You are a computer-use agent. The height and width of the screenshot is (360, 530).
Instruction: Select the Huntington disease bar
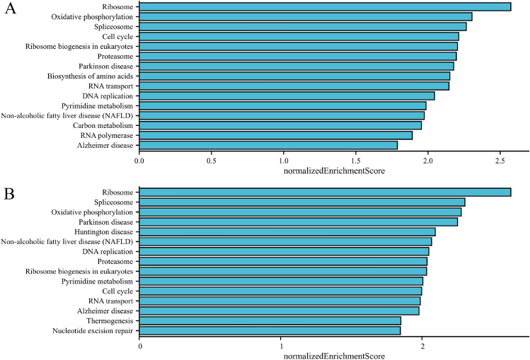click(x=287, y=231)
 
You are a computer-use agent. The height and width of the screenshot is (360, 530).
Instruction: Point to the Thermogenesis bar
click(x=270, y=320)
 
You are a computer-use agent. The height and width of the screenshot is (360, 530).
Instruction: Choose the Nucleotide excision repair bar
click(x=270, y=330)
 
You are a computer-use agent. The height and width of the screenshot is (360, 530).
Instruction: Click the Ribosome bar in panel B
click(x=326, y=192)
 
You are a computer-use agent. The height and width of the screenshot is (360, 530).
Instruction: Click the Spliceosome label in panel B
click(x=115, y=202)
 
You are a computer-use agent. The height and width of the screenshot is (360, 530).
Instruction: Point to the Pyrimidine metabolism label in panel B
click(x=98, y=281)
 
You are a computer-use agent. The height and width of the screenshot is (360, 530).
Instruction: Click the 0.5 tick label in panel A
click(x=211, y=161)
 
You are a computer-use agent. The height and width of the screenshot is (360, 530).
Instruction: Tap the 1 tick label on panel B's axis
click(x=282, y=346)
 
